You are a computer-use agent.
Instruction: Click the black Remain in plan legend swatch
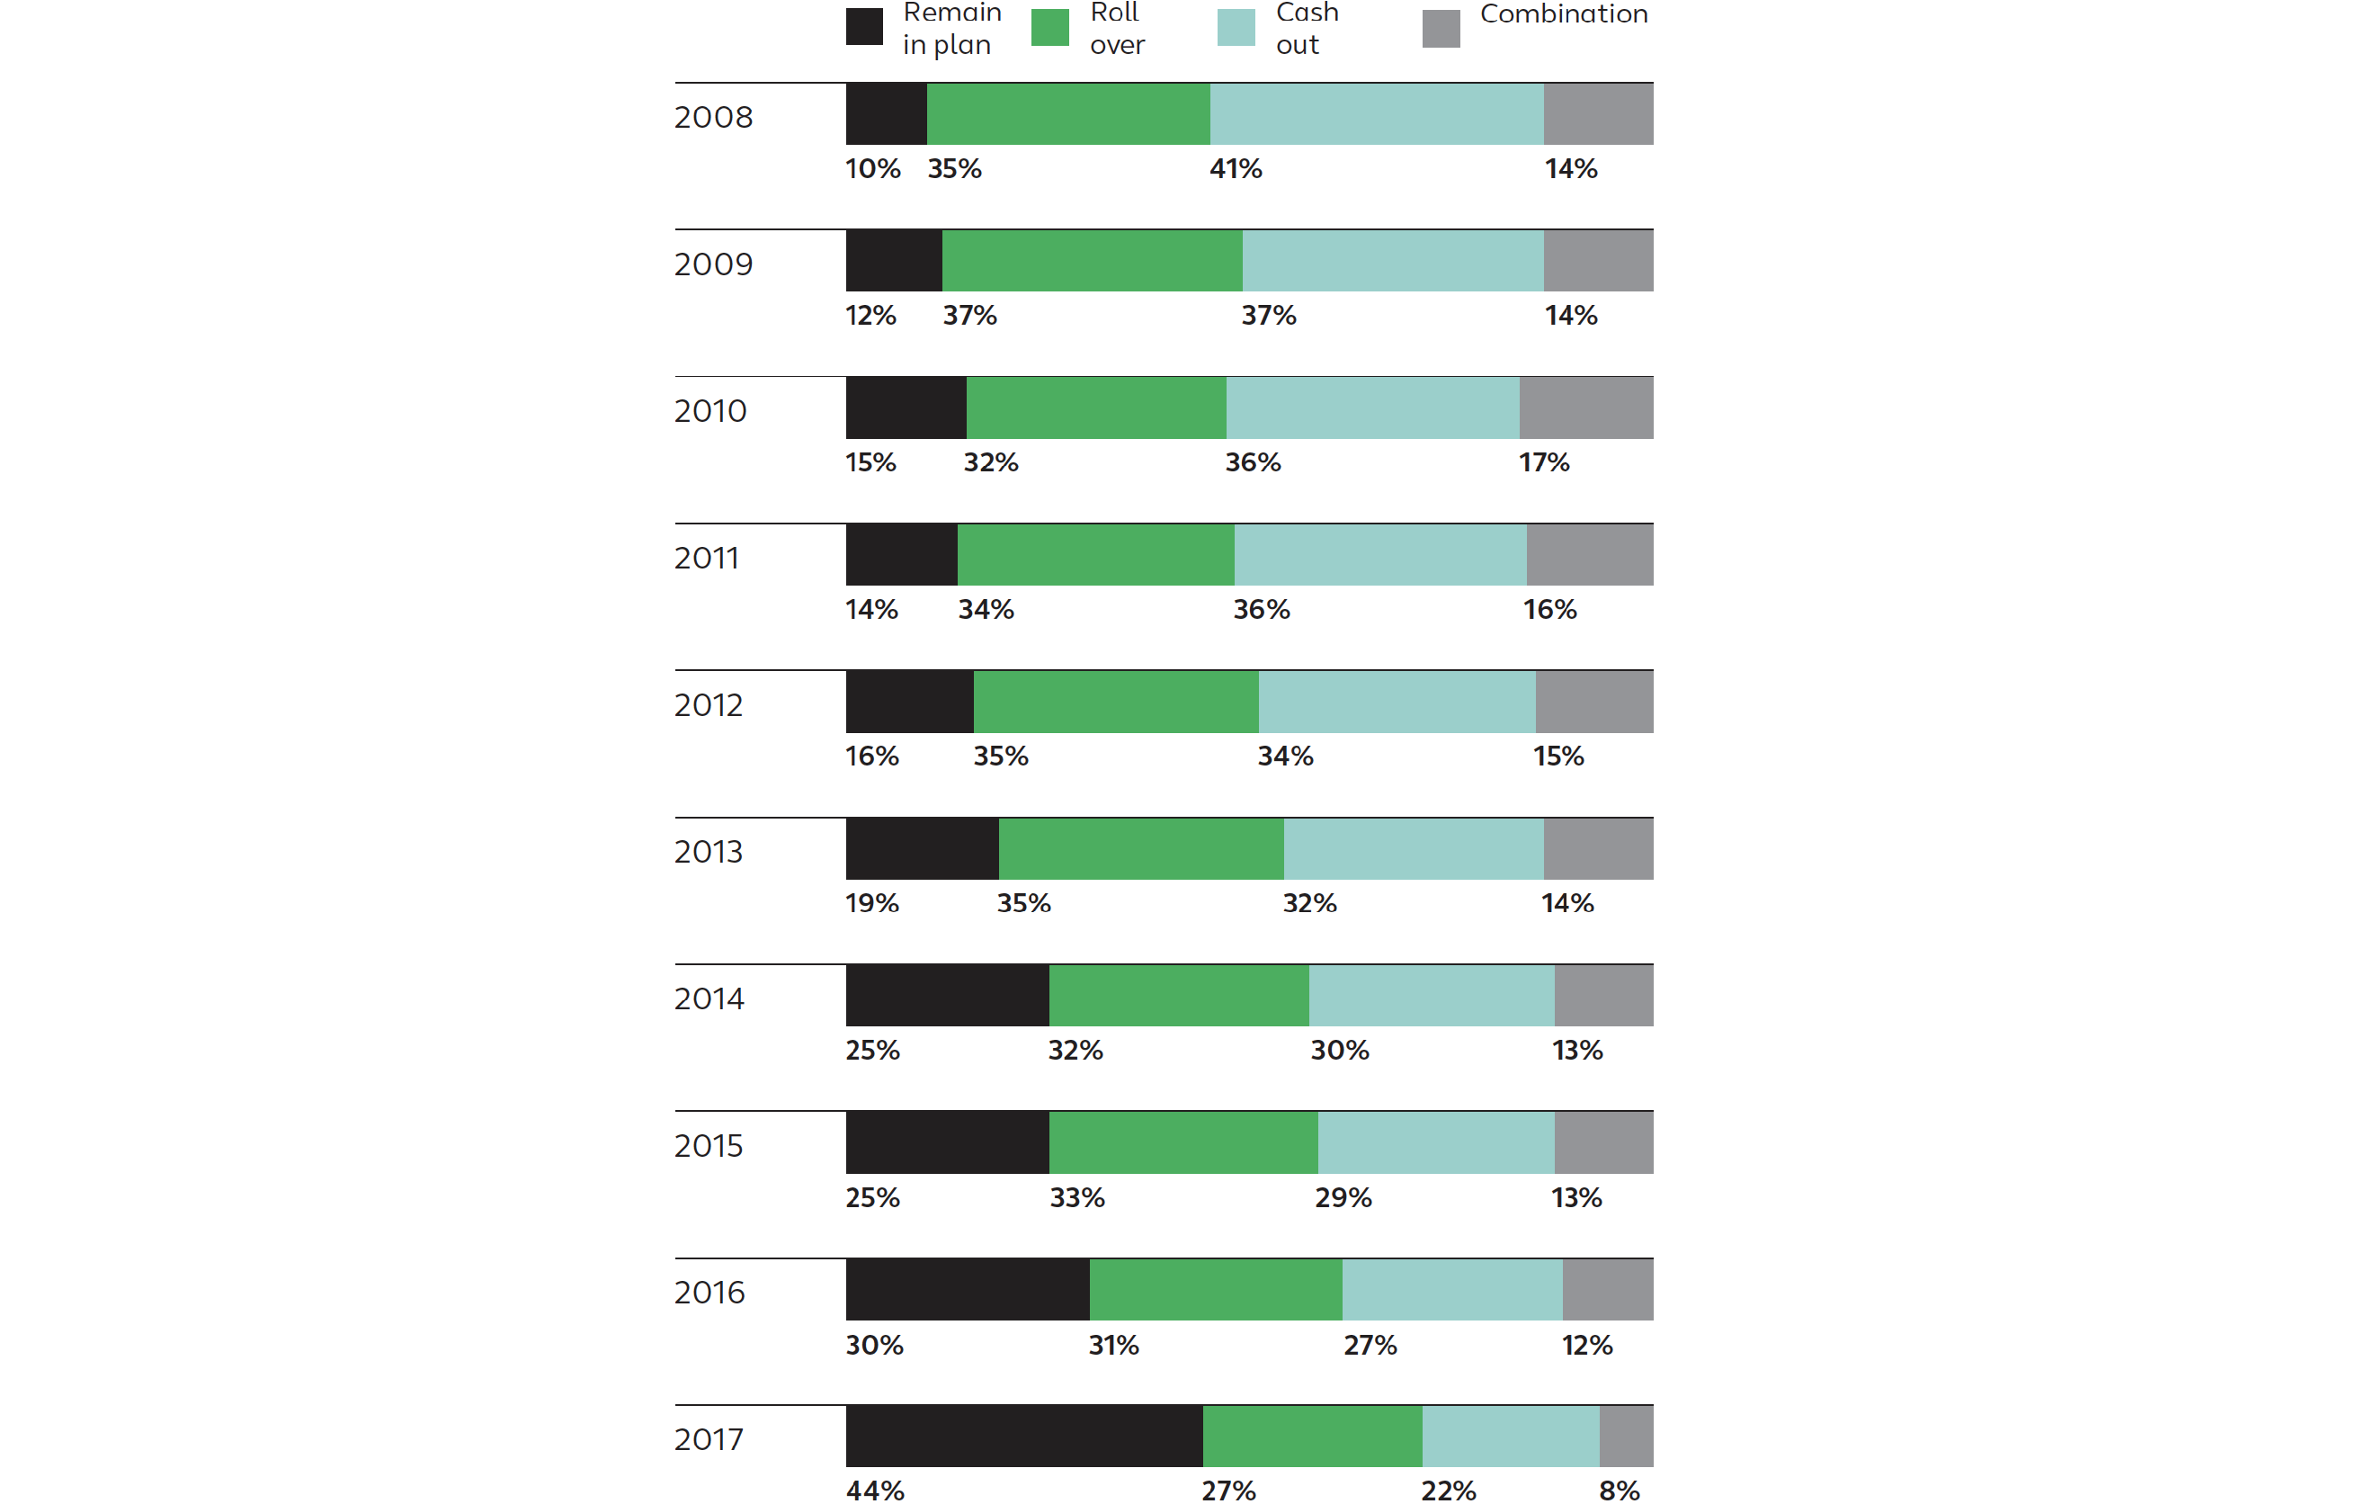(x=863, y=27)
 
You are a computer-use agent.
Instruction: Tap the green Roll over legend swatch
(x=1050, y=27)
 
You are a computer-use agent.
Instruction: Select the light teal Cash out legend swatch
(x=1236, y=27)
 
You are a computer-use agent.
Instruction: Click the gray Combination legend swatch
(x=1441, y=29)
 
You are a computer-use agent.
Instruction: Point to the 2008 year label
(x=713, y=117)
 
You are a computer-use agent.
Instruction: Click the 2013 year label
(x=708, y=852)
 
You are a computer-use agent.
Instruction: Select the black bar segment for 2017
(x=1023, y=1435)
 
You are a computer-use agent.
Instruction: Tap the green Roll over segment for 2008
(x=1067, y=113)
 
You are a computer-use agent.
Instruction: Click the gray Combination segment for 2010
(x=1585, y=407)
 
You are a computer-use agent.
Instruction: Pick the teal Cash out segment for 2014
(x=1432, y=995)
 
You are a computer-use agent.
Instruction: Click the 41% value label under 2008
(x=1236, y=168)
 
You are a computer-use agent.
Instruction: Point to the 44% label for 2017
(x=874, y=1491)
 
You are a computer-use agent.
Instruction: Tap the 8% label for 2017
(x=1619, y=1491)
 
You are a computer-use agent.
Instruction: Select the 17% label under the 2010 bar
(x=1543, y=462)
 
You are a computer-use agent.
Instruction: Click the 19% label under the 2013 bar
(x=871, y=903)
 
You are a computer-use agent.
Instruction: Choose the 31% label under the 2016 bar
(x=1113, y=1345)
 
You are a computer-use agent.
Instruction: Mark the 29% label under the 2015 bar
(x=1343, y=1197)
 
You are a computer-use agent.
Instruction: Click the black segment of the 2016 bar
(x=968, y=1289)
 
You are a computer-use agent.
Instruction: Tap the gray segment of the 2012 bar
(x=1593, y=702)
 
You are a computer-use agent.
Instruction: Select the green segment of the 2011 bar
(x=1095, y=554)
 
